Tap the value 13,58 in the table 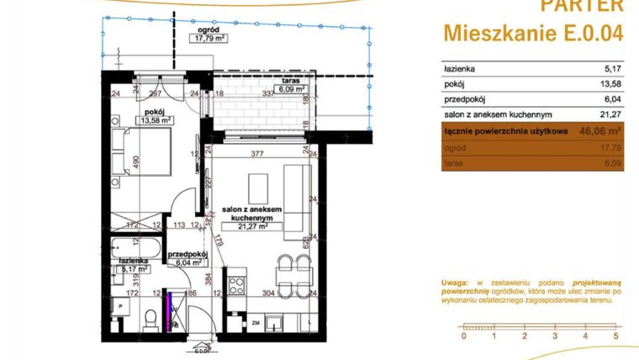click(x=610, y=84)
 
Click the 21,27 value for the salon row click(x=610, y=114)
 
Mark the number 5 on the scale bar click(x=615, y=336)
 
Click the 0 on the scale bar click(x=462, y=336)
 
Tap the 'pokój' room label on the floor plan click(x=153, y=111)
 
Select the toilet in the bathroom click(x=149, y=317)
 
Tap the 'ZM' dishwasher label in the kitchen click(x=254, y=322)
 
